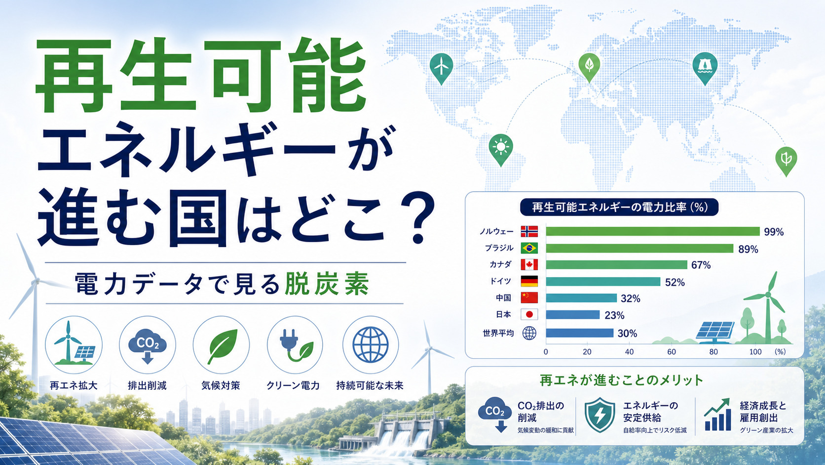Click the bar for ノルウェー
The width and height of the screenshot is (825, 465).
coord(653,231)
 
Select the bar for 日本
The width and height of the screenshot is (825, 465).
coord(573,315)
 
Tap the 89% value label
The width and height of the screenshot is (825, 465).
coord(748,249)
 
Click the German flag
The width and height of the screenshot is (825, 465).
coord(529,281)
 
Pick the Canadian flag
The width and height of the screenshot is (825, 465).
coord(529,264)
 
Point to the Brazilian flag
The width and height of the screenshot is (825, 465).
coord(529,248)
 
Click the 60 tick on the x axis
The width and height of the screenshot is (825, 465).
coord(672,352)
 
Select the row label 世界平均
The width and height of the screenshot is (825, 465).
coord(498,334)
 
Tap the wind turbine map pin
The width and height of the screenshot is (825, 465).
coord(441,68)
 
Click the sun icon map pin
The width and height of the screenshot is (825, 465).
coord(501,149)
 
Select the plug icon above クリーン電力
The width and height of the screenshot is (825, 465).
coord(295,345)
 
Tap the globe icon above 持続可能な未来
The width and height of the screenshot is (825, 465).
coord(371,345)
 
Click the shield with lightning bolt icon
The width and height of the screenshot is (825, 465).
coord(600,415)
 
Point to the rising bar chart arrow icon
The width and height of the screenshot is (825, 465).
coord(717,415)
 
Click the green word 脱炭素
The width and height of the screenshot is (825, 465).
coord(327,284)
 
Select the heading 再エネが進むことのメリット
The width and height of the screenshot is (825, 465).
coord(622,380)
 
